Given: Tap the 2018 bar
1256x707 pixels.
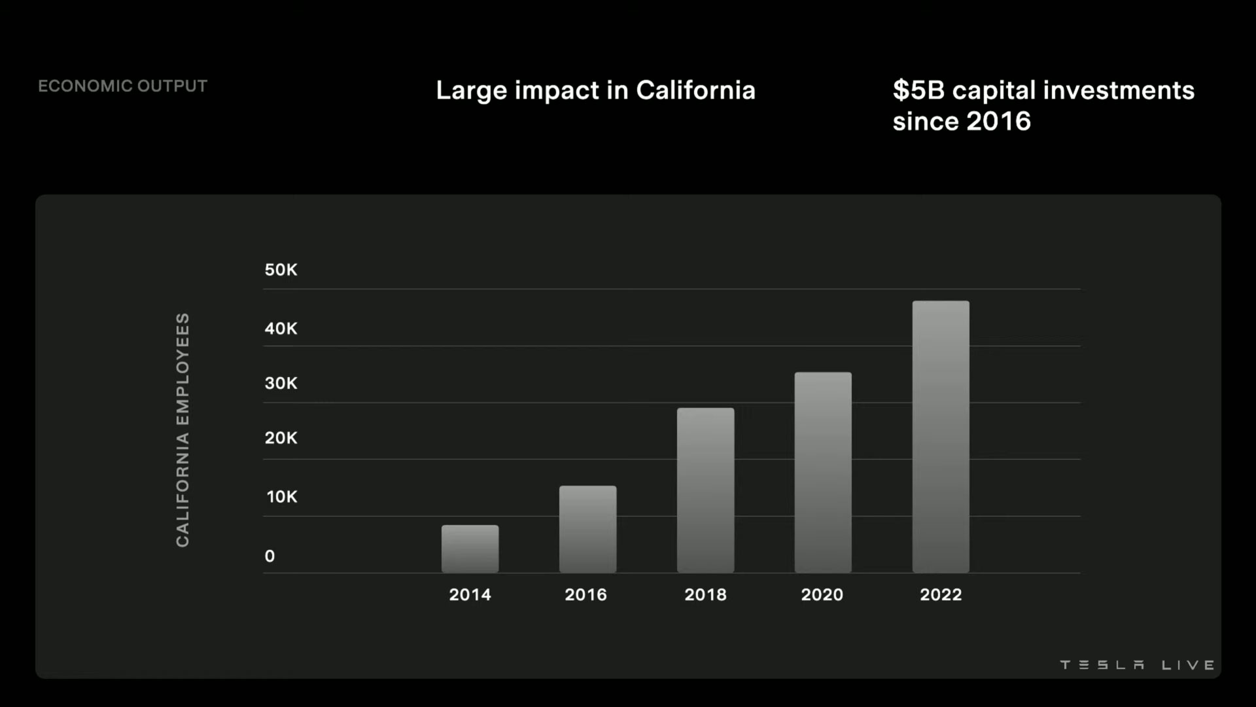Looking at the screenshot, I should tap(705, 490).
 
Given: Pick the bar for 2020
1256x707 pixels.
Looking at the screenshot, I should tap(823, 472).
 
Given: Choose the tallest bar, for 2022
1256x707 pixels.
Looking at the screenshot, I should tap(941, 437).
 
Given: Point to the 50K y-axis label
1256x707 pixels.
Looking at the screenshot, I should tap(281, 270).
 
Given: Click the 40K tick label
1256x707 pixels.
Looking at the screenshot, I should tap(281, 329).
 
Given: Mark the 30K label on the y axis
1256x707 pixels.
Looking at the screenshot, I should tap(281, 384).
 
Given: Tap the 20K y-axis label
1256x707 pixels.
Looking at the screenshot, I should tap(281, 438).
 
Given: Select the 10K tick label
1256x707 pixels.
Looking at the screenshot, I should tap(282, 497).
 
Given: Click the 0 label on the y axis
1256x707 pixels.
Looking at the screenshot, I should tap(270, 556).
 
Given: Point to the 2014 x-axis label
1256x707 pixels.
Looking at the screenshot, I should tap(470, 594).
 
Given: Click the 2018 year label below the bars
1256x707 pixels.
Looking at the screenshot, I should tap(705, 594).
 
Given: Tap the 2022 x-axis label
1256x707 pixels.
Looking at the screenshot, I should tap(941, 594).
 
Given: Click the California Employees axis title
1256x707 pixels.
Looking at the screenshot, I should tap(183, 429).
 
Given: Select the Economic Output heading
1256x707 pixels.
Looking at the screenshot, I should tap(122, 86).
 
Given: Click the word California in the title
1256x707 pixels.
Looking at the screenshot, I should tap(695, 90).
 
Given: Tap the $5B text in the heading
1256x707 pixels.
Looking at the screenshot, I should tap(918, 90).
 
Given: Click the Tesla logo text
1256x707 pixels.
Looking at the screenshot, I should tap(1102, 665).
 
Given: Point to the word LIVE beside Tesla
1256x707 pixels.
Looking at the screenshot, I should tap(1188, 665).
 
